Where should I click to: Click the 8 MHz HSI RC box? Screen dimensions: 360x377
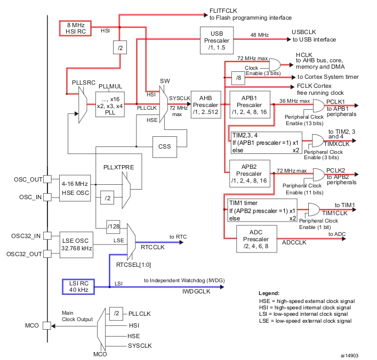click(x=76, y=28)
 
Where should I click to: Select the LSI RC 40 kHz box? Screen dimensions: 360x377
click(x=78, y=286)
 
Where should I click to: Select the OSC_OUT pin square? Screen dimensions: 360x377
click(x=47, y=179)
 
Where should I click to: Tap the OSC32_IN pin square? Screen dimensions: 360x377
click(x=47, y=235)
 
